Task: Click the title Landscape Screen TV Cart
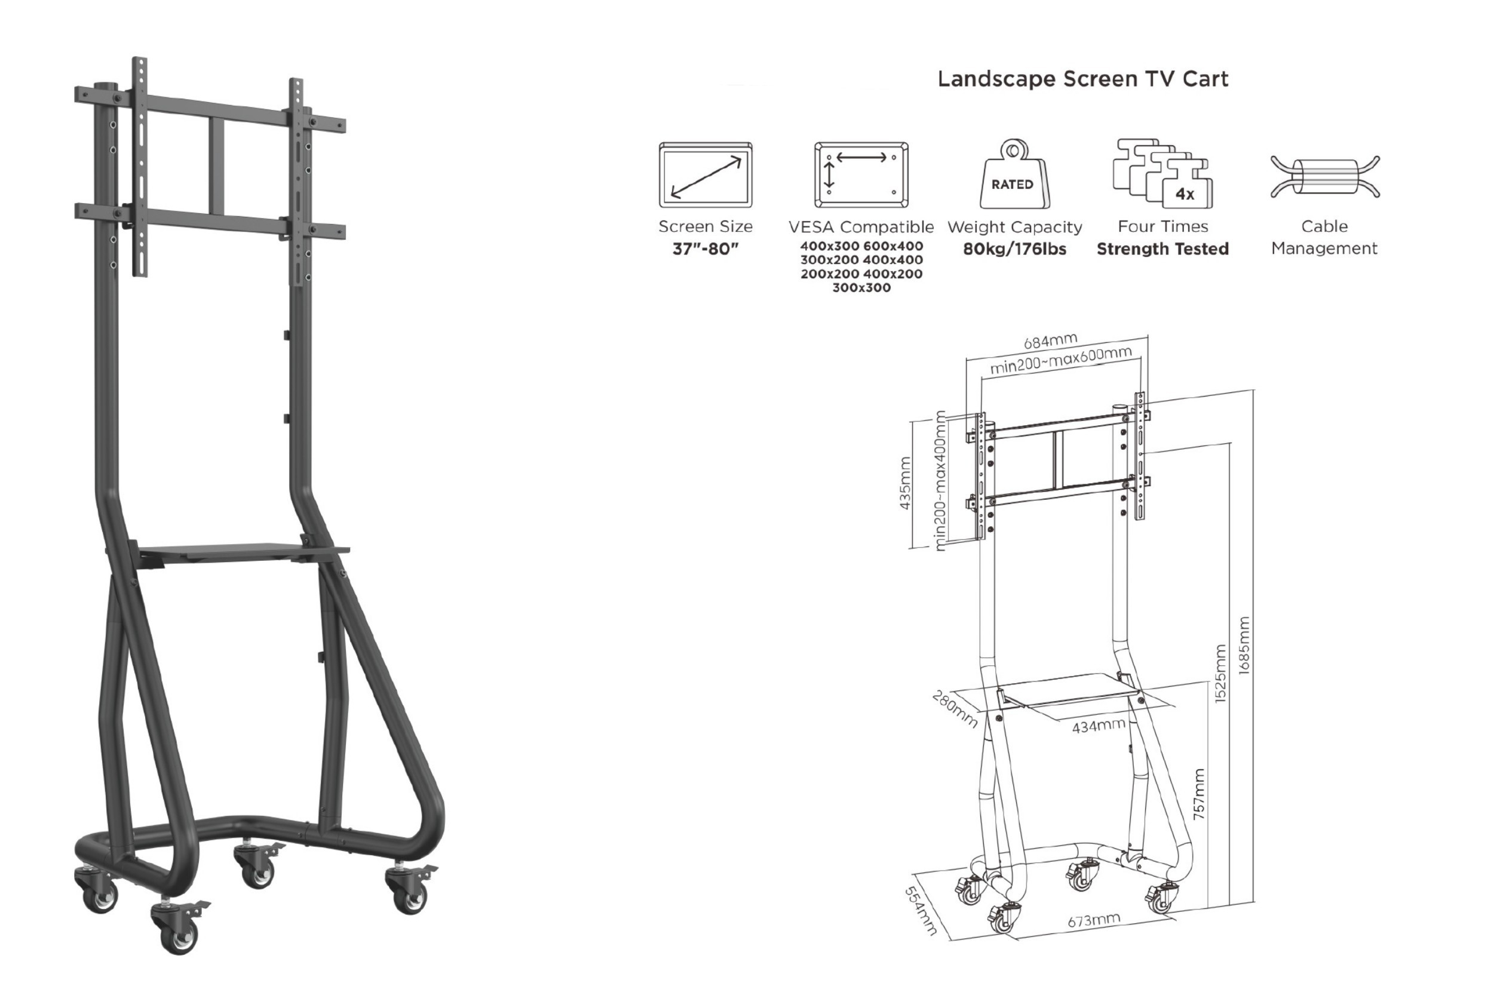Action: point(1083,79)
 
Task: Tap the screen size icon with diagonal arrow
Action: point(705,174)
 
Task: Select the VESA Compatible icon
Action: point(861,174)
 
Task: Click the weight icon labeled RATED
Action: point(1014,174)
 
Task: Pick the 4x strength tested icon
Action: point(1163,174)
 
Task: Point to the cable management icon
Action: point(1325,177)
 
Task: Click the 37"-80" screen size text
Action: point(705,249)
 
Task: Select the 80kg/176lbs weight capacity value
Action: point(1015,249)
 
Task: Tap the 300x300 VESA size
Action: point(861,288)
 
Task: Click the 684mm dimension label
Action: point(1050,342)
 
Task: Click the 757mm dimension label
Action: point(1199,794)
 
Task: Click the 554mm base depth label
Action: point(921,911)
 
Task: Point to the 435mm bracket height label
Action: point(904,483)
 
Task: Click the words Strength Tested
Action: point(1163,249)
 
